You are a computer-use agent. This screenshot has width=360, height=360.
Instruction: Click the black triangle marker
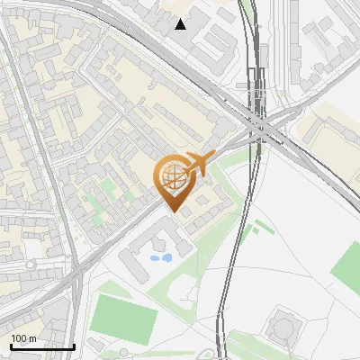tap(181, 24)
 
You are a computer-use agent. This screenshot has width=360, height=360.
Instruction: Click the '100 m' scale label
tap(22, 337)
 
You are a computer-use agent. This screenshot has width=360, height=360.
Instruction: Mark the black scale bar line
tap(42, 346)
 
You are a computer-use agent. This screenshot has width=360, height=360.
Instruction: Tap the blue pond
tap(161, 258)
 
